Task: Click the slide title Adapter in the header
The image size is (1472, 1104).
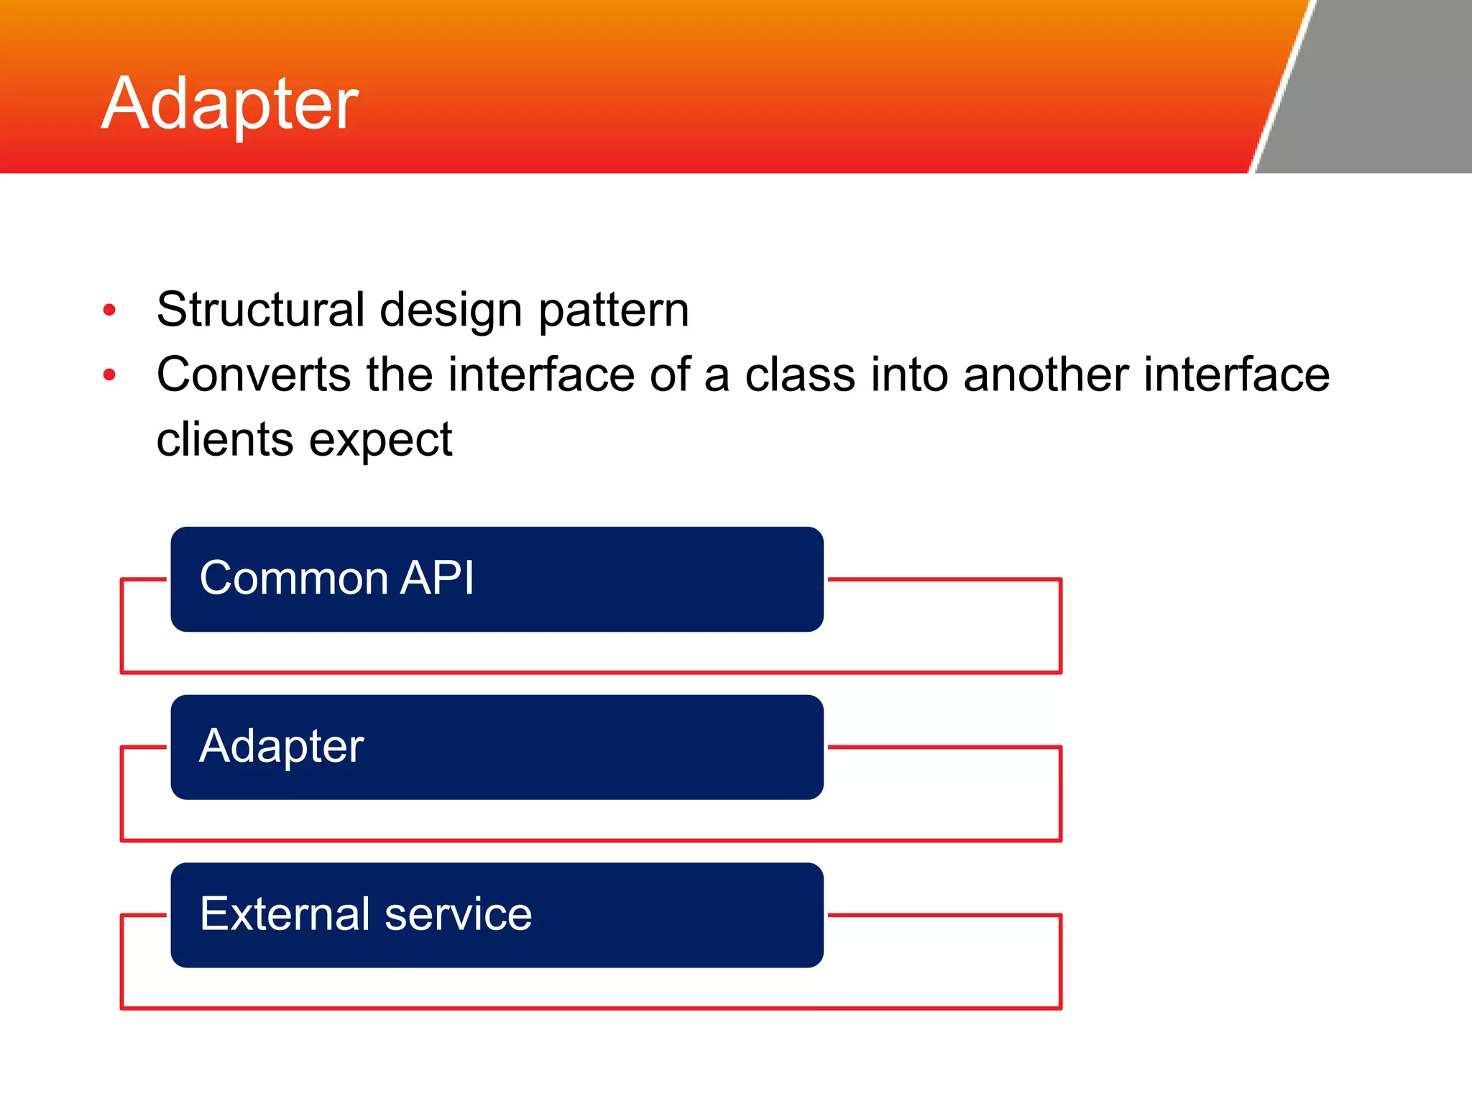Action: pos(229,104)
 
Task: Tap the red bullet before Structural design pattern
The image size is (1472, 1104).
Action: pos(109,310)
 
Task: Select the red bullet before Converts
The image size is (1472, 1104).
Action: pos(109,374)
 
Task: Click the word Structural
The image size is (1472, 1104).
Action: pos(261,310)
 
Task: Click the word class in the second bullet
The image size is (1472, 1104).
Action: pos(799,374)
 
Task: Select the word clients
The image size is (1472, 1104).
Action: pos(224,439)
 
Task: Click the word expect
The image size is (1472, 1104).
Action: pos(380,441)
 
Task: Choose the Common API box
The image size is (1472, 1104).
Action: pos(497,579)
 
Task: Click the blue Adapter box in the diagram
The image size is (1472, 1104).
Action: pos(497,747)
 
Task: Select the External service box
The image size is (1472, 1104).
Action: pos(497,915)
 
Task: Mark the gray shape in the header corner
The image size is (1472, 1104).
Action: pos(1380,86)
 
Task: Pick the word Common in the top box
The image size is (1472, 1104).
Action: pos(294,578)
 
